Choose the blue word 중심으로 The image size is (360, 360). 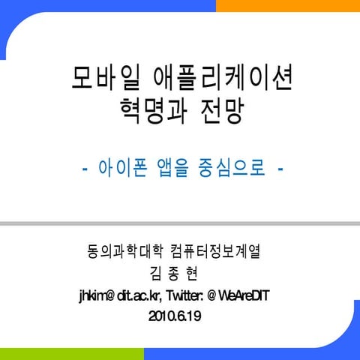point(232,168)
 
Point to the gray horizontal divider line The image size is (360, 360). point(180,223)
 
